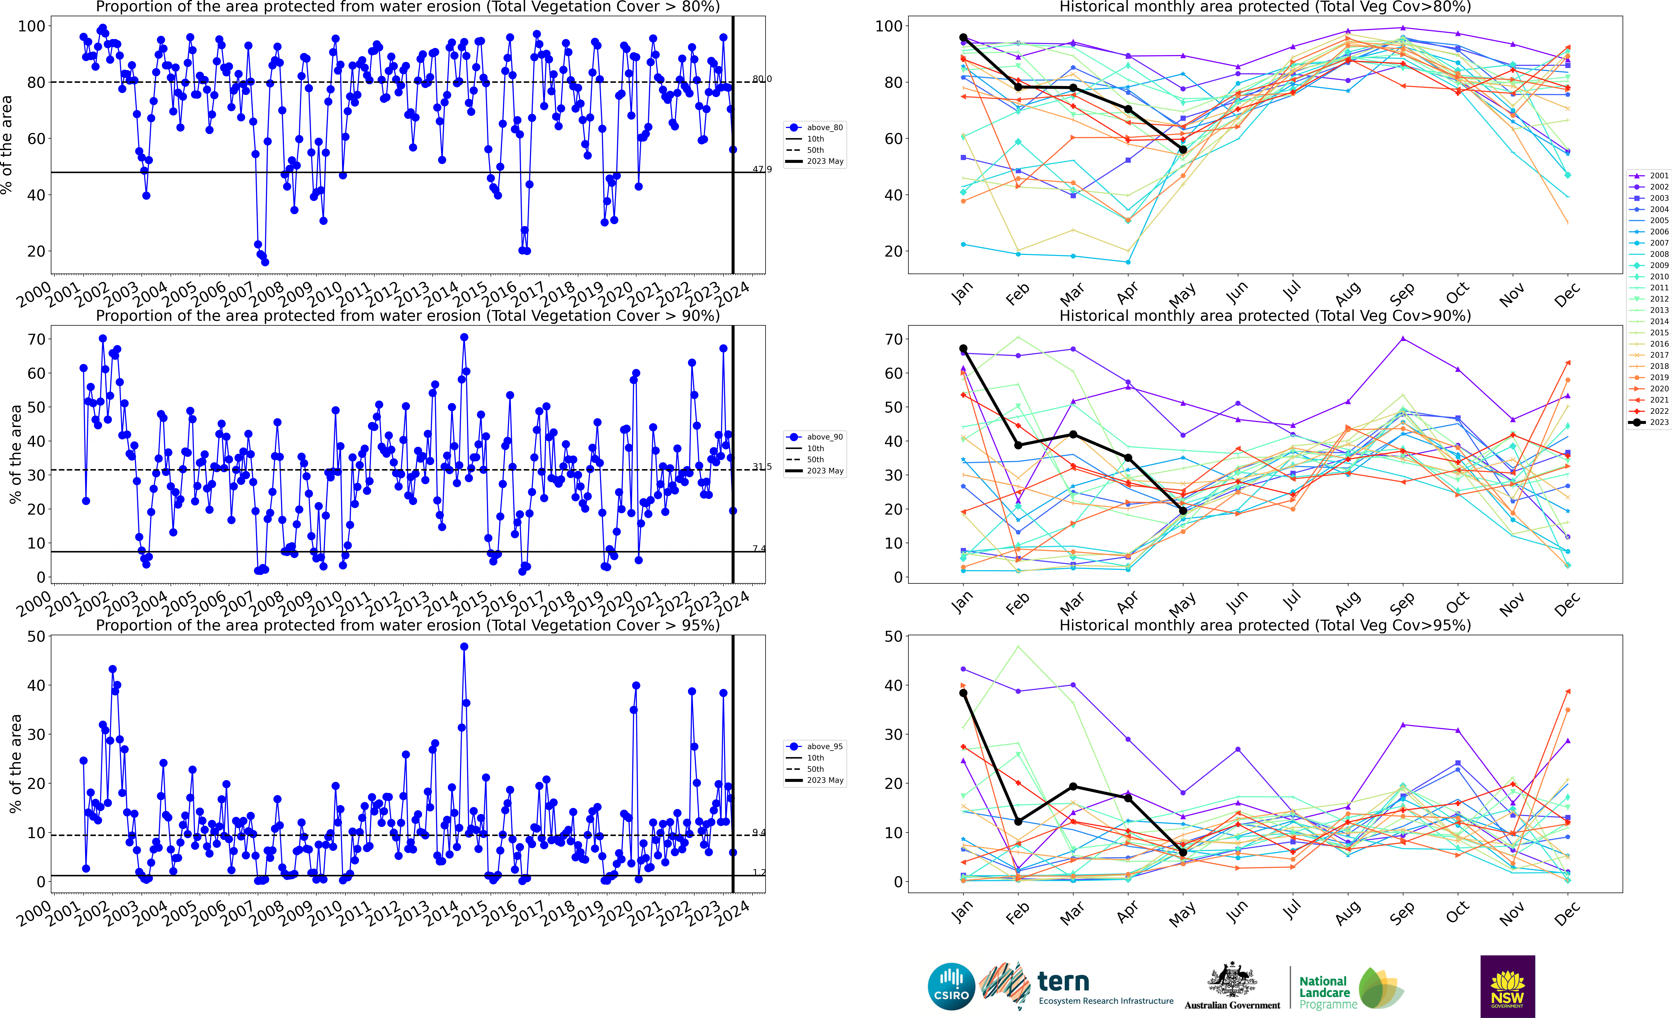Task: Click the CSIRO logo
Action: click(951, 986)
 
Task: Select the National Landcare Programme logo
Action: click(1350, 989)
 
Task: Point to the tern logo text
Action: click(1063, 981)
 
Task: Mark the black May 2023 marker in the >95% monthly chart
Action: click(1183, 852)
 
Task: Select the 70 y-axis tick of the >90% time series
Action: click(37, 339)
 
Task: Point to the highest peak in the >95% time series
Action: click(464, 647)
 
